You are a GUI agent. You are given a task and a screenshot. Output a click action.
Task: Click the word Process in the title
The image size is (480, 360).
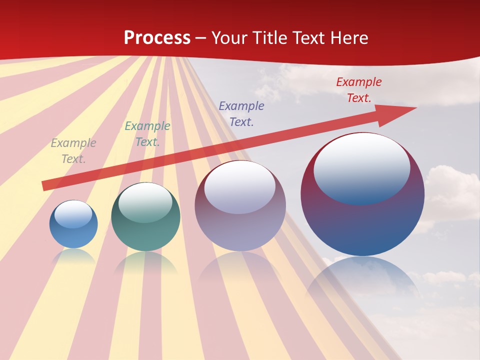(157, 38)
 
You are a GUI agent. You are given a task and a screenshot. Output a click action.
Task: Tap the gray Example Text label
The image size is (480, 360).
(73, 150)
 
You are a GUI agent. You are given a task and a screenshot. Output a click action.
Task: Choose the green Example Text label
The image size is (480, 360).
(147, 134)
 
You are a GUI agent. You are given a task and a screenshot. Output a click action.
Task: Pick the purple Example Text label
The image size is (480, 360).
(241, 113)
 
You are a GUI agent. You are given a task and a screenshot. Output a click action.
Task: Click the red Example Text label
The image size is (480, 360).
(359, 90)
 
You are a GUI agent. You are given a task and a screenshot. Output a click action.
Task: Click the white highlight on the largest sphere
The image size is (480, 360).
(362, 167)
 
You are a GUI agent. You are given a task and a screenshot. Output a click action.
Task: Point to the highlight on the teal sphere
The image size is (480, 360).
(145, 202)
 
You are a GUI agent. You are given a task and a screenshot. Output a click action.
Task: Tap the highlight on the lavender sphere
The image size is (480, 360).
(240, 187)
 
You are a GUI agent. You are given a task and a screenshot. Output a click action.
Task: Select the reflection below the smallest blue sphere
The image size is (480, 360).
(73, 256)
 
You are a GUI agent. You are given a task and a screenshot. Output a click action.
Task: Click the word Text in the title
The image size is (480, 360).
(307, 38)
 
